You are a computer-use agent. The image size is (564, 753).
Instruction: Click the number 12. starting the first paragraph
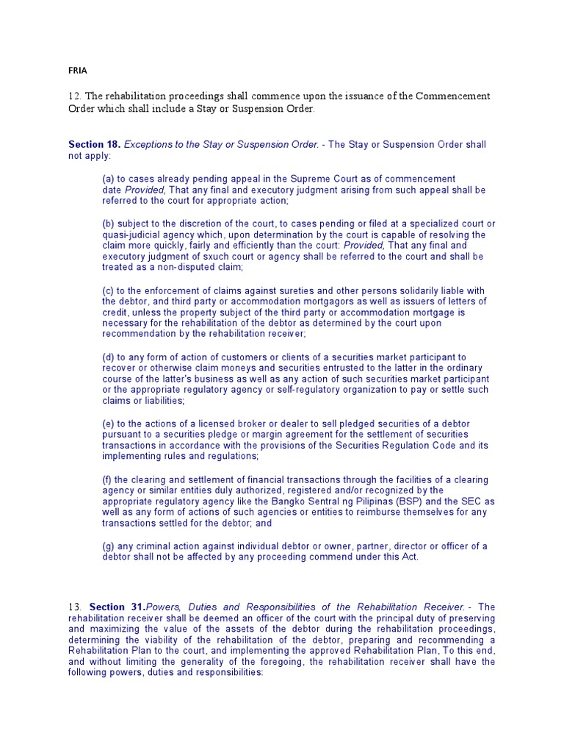pos(74,96)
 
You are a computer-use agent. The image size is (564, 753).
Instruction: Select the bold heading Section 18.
pos(95,145)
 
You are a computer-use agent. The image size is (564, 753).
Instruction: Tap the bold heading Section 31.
pos(117,607)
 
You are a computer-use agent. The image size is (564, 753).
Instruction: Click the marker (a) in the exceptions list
pos(108,179)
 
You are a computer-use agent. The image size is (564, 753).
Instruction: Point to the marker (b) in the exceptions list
pos(108,224)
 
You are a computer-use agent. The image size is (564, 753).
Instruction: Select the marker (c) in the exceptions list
pos(108,290)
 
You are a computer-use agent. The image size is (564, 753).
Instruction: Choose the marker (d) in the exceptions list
pos(108,357)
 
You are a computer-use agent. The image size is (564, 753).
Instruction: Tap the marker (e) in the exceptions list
pos(108,424)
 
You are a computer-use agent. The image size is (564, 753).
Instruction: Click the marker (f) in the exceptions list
pos(107,480)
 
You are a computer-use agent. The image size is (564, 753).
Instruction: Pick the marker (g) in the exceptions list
pos(108,546)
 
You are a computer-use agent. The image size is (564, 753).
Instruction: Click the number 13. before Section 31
pos(74,607)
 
